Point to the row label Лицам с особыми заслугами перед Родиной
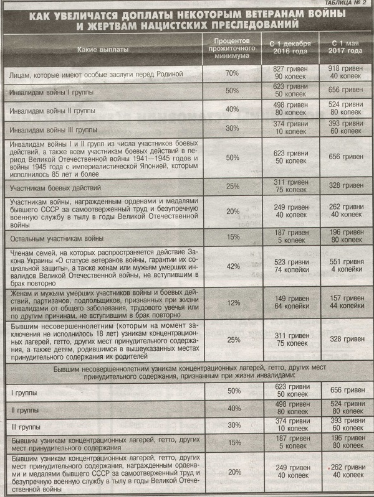point(93,74)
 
